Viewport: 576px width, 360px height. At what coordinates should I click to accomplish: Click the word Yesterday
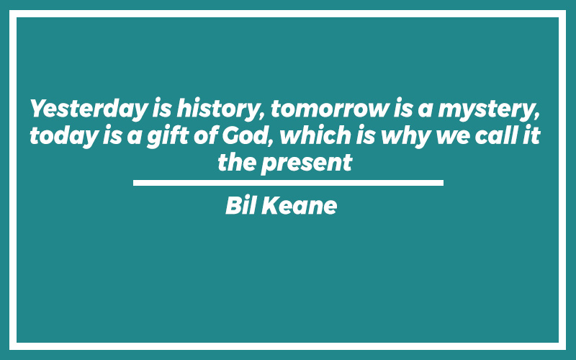point(89,109)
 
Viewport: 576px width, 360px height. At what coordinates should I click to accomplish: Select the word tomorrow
point(330,109)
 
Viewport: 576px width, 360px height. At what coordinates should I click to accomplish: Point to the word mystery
point(489,109)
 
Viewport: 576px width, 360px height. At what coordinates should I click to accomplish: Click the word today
point(63,135)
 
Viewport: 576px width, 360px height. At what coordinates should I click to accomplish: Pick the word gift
point(168,135)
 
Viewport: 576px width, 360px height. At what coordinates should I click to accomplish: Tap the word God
point(248,135)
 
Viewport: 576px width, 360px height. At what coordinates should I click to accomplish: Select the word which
point(315,135)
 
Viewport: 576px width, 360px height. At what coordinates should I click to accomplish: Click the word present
point(307,163)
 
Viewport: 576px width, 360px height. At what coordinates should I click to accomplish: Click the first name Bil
point(240,205)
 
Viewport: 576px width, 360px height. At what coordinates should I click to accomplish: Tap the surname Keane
point(299,205)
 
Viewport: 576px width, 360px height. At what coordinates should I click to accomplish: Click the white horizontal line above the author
point(288,183)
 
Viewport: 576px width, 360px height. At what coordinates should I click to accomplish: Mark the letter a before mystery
point(425,111)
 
